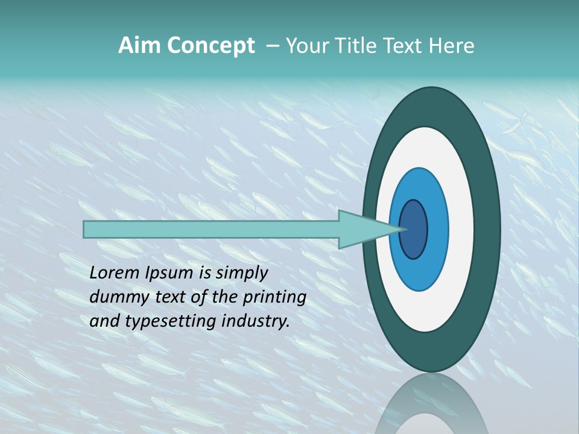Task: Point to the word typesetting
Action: (x=162, y=322)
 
